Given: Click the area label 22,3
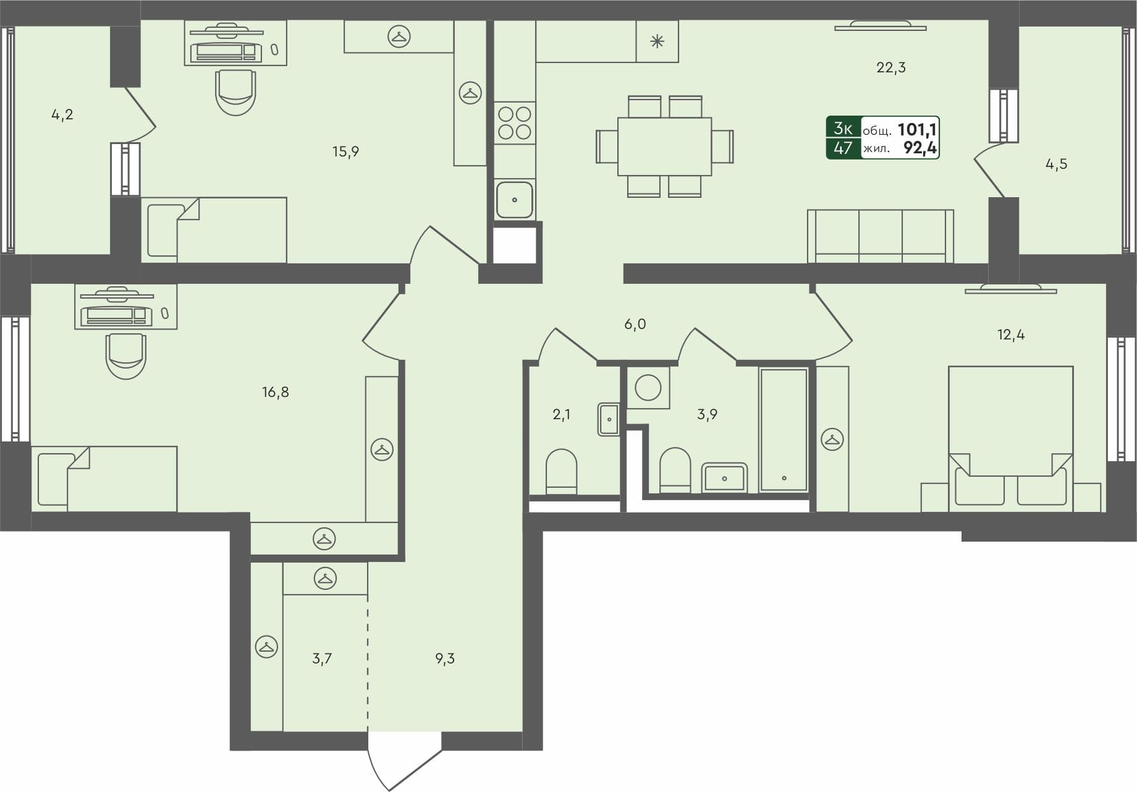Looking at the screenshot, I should (890, 67).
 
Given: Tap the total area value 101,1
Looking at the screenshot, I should (916, 129).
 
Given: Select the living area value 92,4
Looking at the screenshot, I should (919, 148).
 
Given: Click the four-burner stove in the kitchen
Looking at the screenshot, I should (515, 122).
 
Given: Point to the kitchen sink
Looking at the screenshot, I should (514, 200).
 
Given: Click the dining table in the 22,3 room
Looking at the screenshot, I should (664, 147).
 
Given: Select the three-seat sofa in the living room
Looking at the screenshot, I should (880, 237).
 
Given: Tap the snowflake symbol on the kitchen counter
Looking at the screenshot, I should (657, 41).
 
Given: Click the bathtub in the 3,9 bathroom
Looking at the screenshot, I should (784, 429).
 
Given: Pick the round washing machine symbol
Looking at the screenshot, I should (648, 388).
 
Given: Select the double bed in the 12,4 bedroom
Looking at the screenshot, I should (1010, 436).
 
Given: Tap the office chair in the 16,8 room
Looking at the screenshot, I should (126, 356).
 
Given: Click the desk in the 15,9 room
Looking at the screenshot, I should (235, 43).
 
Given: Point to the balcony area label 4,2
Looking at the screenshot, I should (62, 114).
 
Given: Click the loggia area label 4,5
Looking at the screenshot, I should (1056, 164).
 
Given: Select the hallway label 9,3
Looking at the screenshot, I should (444, 659).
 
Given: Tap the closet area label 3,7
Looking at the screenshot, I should (321, 659).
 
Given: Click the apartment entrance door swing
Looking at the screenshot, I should (402, 760).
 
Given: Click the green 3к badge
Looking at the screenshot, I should (843, 129).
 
